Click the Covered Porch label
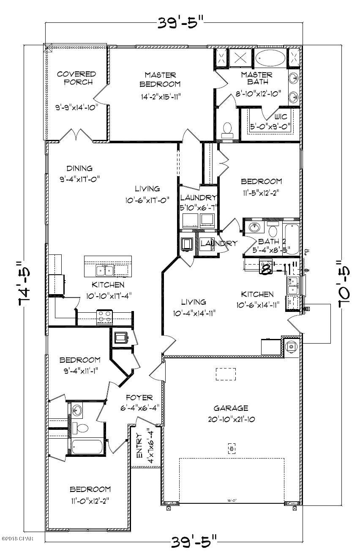tap(76, 78)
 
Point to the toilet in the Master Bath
tap(227, 128)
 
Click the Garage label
tap(230, 408)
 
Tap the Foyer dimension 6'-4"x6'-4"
tap(139, 408)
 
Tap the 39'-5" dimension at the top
tap(180, 22)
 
